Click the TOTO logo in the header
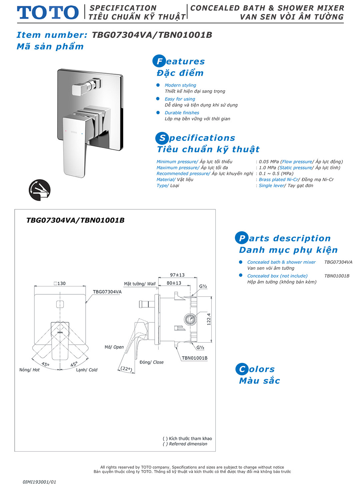(x=48, y=13)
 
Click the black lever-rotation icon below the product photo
(x=40, y=190)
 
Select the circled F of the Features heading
(x=159, y=61)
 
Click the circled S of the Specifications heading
(x=162, y=138)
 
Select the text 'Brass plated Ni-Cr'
(x=278, y=180)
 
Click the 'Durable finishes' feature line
(x=182, y=113)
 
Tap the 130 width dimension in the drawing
(x=60, y=284)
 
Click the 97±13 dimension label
(x=177, y=275)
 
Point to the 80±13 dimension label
(x=174, y=283)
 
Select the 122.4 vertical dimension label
(x=209, y=319)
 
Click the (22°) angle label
(x=126, y=369)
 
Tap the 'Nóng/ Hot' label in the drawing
(x=29, y=370)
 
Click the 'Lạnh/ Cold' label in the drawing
(x=87, y=370)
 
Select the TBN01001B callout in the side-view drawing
(x=195, y=358)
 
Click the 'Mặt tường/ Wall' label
(x=140, y=284)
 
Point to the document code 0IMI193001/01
(x=39, y=482)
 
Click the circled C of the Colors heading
(x=242, y=369)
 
